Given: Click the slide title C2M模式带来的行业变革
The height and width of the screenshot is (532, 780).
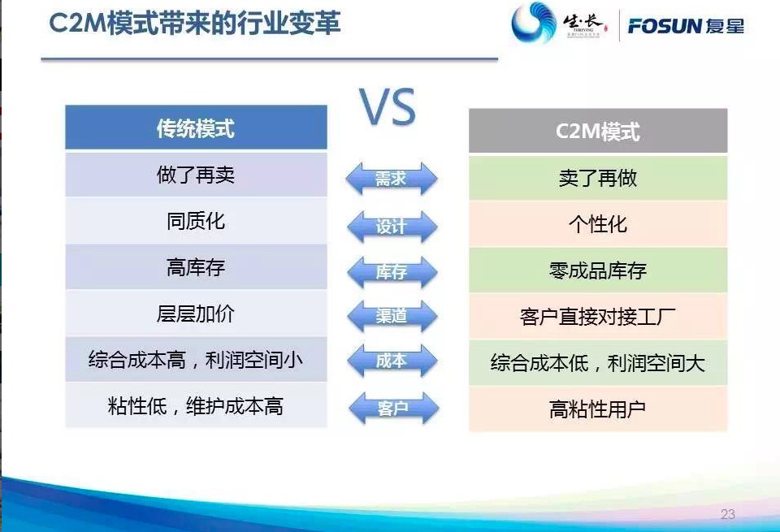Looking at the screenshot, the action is (195, 23).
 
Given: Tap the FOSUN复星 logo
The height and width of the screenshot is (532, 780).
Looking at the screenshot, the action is (686, 26).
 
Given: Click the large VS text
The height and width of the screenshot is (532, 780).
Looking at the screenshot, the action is (388, 106).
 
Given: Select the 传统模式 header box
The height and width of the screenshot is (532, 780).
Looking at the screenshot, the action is (196, 128).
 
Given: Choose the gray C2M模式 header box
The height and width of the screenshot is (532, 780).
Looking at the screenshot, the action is (598, 131).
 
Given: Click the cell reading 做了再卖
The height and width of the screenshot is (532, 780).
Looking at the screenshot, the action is (196, 175).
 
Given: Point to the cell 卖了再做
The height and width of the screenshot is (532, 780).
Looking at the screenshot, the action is (598, 178).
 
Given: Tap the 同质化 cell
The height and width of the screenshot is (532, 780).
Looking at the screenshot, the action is (196, 221).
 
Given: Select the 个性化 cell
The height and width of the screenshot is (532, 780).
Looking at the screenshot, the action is (598, 224).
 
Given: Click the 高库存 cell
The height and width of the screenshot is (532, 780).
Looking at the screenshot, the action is (196, 267).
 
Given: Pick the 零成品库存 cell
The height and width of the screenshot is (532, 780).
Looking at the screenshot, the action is (598, 270).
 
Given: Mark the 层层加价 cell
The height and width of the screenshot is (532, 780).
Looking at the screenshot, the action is (196, 314).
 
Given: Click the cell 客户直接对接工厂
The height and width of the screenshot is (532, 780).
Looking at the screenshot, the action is (598, 317).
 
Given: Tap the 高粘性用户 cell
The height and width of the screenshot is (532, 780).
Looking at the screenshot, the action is (598, 409).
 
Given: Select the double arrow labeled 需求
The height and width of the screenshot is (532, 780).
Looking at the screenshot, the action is (392, 179).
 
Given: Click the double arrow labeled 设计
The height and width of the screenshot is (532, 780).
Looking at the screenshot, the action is (392, 227).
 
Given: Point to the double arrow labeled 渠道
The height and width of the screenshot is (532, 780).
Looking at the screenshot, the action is (392, 316).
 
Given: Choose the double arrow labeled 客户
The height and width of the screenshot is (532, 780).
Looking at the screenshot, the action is (393, 409).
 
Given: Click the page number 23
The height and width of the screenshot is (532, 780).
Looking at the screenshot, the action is (728, 514).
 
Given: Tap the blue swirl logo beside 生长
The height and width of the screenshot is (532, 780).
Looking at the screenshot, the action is (534, 23).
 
